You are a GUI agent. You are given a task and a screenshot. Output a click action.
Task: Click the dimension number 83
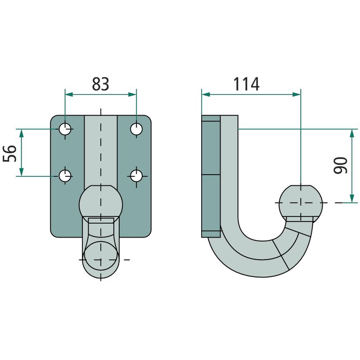100,84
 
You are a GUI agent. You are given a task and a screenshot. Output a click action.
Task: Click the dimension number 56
9,153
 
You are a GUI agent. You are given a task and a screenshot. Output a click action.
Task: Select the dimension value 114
246,84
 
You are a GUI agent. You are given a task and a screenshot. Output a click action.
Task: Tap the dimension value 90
341,165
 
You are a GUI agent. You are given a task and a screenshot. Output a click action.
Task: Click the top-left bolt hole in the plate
65,129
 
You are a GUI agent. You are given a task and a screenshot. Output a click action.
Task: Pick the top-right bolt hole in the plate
136,129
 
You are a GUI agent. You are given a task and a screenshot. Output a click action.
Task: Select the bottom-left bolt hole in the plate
65,176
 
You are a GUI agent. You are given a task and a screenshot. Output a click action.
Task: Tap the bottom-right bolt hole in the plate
136,176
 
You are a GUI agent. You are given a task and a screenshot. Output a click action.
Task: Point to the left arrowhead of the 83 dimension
69,94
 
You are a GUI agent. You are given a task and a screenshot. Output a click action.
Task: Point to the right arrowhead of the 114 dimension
297,94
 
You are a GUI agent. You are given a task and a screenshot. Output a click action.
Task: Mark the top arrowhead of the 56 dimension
21,133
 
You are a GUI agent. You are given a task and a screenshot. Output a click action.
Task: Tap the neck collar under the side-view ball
300,219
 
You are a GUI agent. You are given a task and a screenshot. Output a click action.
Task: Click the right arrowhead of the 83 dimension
132,94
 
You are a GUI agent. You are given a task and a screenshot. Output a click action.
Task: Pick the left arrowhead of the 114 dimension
206,94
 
